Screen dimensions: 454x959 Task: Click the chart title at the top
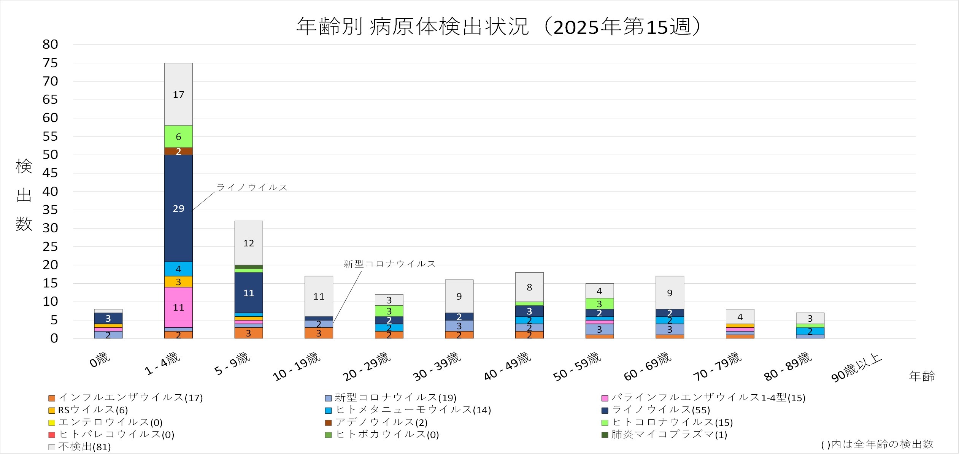coord(498,27)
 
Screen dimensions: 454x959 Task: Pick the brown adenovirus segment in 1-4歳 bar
coord(178,151)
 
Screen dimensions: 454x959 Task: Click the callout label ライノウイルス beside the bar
coord(252,187)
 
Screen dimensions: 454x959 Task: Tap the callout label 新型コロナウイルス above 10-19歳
coord(389,264)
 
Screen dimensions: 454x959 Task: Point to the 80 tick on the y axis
coord(50,44)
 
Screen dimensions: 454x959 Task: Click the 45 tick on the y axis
coord(50,173)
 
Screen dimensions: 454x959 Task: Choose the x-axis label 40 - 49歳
coord(507,366)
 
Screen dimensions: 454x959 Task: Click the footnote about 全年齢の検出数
coord(877,444)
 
